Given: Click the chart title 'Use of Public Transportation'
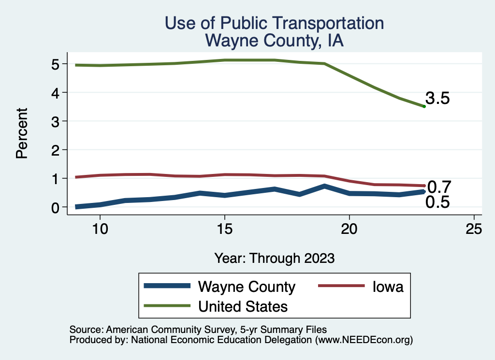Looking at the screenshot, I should (274, 23).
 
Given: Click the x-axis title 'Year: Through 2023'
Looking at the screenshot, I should (274, 258).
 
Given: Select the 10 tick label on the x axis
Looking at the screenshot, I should (100, 229).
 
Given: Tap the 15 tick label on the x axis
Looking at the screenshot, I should (225, 229).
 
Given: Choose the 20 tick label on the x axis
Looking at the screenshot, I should (349, 229).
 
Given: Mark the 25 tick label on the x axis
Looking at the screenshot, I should (474, 229).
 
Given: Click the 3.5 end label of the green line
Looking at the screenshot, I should (438, 99).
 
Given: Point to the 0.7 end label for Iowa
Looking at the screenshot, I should (439, 187).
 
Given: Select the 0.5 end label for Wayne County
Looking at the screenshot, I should (437, 202).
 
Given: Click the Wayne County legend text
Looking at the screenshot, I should (247, 287).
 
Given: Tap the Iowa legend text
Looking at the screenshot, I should (387, 287).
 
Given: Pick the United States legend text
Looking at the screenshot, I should (243, 306).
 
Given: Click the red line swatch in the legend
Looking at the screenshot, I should (341, 287).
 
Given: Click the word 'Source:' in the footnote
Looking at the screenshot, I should (85, 330).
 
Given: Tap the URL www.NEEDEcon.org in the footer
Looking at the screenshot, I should (364, 340).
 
